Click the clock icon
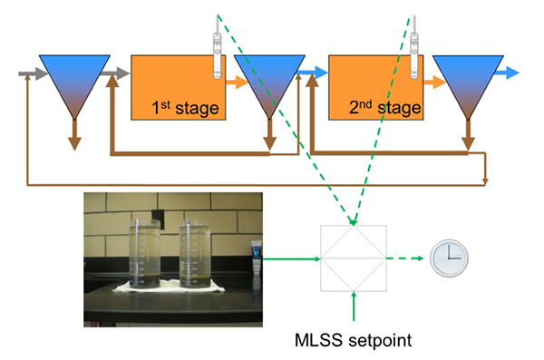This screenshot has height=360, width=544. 448,259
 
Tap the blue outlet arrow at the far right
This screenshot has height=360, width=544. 511,71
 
